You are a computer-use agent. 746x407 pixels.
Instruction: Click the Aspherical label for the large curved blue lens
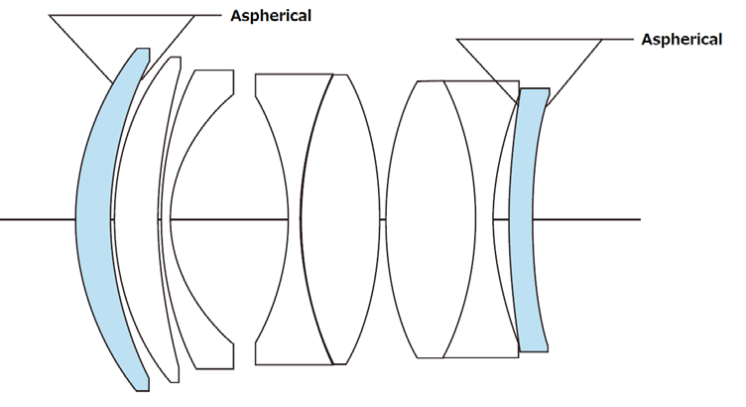(271, 15)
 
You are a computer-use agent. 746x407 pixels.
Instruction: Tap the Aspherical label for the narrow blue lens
(682, 39)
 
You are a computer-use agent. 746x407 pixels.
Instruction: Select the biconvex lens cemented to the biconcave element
(342, 218)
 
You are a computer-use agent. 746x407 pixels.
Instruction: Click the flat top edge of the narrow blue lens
(534, 88)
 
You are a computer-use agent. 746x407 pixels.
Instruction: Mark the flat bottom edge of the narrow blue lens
(534, 349)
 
